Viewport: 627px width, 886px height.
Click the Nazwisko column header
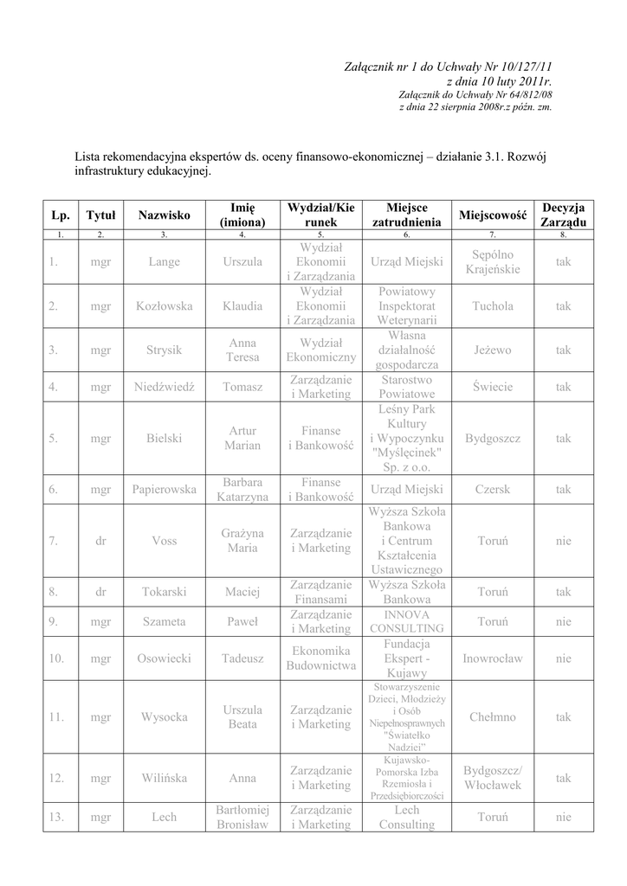click(x=165, y=215)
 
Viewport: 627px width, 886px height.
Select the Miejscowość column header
click(x=493, y=215)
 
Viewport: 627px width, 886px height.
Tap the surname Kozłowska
click(x=165, y=306)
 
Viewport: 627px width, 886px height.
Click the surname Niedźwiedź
click(x=165, y=387)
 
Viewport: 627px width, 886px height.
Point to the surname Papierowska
click(x=165, y=490)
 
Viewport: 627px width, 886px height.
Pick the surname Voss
click(x=165, y=541)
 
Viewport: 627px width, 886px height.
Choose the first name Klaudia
click(x=242, y=306)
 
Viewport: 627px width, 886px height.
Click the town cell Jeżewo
click(x=493, y=350)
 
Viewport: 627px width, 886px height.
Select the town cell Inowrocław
click(x=493, y=658)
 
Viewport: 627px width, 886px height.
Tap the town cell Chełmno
click(x=493, y=716)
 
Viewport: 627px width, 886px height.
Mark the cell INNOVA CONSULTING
click(x=407, y=620)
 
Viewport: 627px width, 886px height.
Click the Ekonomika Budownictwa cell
click(x=320, y=658)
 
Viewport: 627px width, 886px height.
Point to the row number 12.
click(x=57, y=778)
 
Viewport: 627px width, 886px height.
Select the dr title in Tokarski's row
click(x=100, y=593)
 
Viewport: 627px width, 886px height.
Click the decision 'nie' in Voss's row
click(x=564, y=541)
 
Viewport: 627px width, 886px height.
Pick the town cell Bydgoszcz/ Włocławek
click(x=493, y=778)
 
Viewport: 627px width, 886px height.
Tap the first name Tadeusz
click(x=242, y=658)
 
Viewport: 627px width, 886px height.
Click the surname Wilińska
click(x=165, y=778)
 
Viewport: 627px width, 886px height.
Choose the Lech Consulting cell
click(x=407, y=817)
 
